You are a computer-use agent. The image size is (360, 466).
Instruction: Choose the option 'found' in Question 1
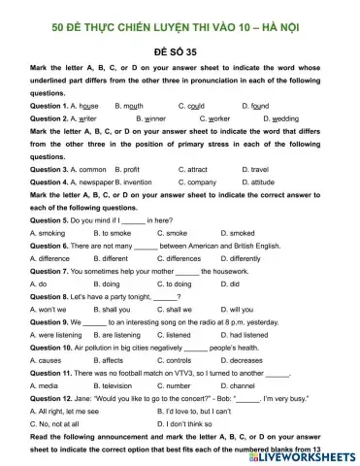pos(259,105)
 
